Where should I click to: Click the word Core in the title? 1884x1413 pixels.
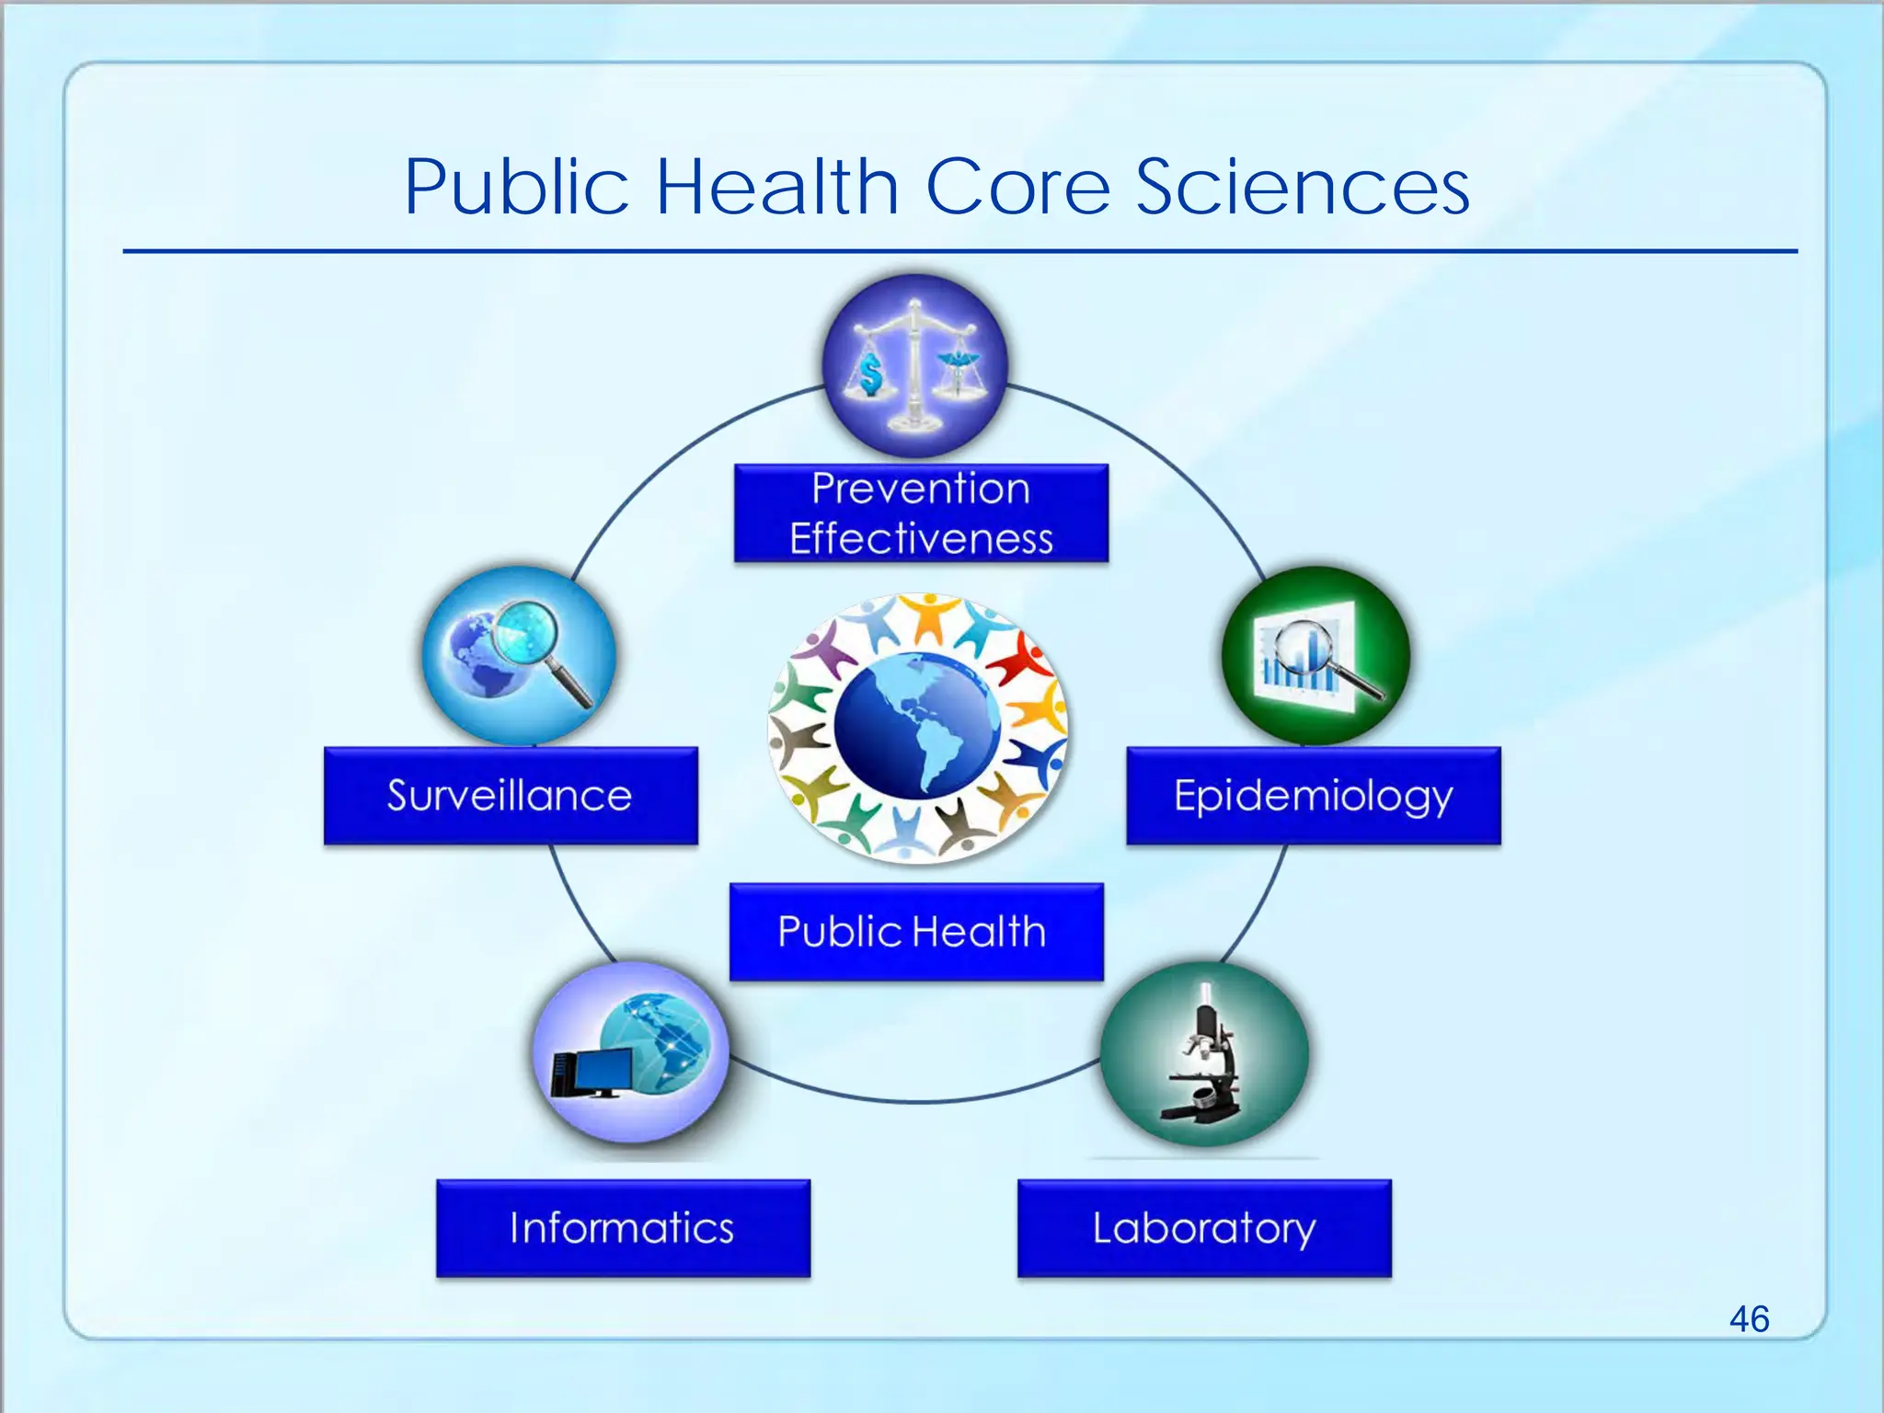[x=1017, y=187]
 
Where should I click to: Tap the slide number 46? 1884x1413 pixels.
[x=1749, y=1318]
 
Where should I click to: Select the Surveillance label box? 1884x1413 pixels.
[x=511, y=796]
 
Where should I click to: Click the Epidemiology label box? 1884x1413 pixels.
[x=1313, y=796]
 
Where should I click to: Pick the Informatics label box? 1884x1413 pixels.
[x=623, y=1228]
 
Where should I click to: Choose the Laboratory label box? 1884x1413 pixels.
[x=1204, y=1228]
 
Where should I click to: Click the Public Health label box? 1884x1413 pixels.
[x=915, y=932]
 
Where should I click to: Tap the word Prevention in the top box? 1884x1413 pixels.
[x=921, y=488]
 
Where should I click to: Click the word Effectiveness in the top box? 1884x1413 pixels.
[x=921, y=538]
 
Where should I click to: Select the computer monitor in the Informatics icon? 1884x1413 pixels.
[x=593, y=1073]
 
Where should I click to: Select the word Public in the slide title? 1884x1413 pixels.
[x=516, y=187]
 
